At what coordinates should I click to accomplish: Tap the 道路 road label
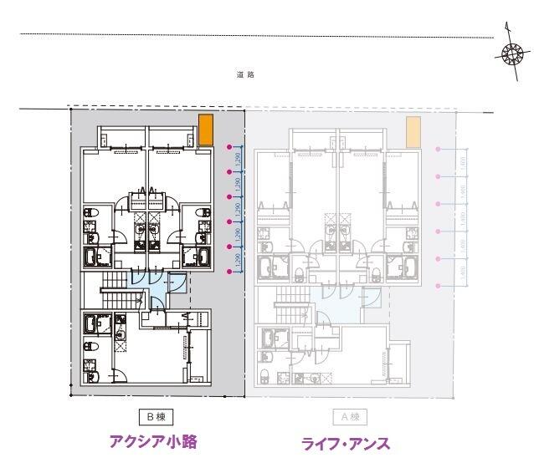point(245,75)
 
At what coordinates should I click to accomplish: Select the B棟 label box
point(155,415)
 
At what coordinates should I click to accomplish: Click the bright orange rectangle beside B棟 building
point(206,130)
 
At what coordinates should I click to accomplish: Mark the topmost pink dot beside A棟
point(438,149)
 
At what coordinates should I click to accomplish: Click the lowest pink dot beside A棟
point(438,287)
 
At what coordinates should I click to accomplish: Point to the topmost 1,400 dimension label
point(463,162)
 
